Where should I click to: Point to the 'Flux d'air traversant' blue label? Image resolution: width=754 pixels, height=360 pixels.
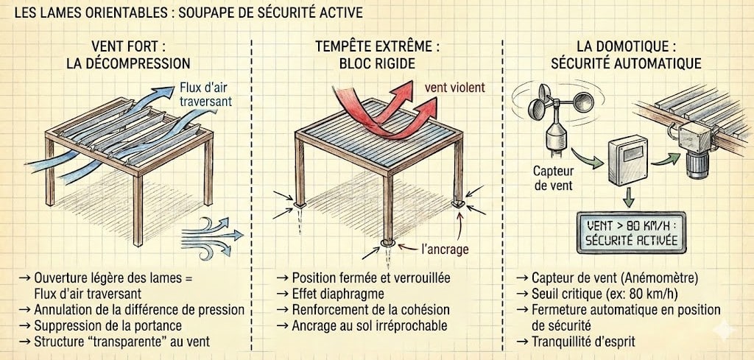coord(206,95)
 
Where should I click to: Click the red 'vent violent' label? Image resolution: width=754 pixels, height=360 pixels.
coord(454,88)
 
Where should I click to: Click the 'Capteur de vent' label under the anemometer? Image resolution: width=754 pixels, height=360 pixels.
coord(554,177)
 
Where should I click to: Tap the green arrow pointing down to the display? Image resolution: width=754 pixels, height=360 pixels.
coord(629,198)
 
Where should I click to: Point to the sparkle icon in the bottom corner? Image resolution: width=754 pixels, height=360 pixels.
coord(725,331)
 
